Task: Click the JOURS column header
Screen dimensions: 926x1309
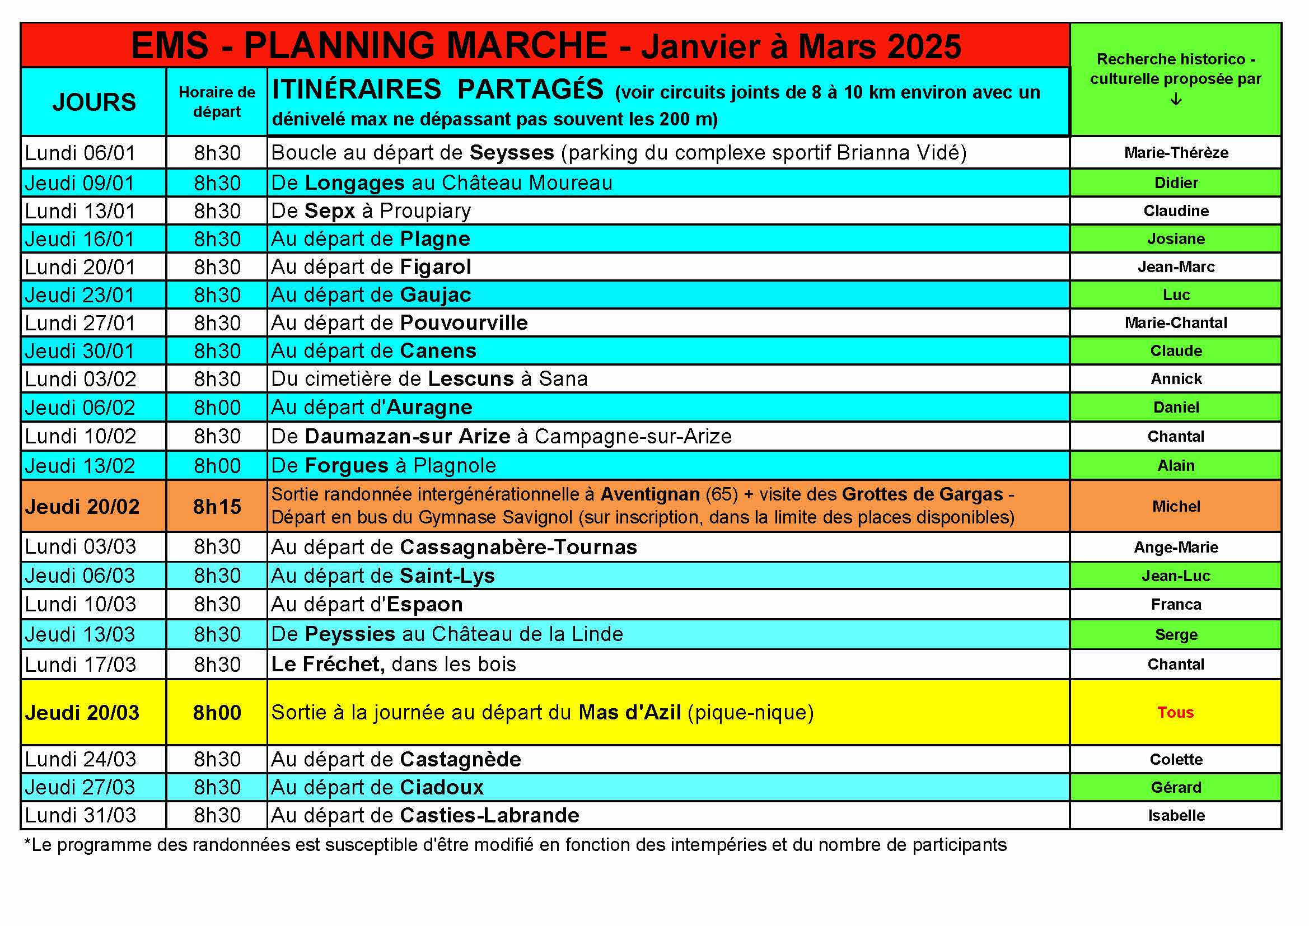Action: (94, 102)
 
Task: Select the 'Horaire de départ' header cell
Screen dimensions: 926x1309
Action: (217, 101)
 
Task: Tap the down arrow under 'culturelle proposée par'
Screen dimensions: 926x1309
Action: (1176, 100)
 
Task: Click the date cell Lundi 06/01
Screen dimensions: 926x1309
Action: (81, 153)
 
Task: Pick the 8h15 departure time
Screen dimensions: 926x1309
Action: (217, 506)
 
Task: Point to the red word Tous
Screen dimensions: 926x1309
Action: (1176, 712)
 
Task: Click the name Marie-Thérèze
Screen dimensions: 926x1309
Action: (1176, 153)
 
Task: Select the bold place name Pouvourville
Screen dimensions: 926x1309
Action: (464, 322)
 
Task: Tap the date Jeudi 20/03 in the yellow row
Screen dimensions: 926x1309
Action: (82, 713)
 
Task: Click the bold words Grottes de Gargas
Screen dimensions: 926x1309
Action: (922, 494)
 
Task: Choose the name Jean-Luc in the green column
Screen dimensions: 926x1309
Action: (1176, 576)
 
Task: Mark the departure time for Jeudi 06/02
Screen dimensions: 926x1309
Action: (217, 408)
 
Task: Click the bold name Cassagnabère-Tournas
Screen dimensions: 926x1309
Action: (518, 548)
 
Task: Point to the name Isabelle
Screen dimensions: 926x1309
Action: (1176, 815)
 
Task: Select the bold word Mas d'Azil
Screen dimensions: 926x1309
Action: (629, 713)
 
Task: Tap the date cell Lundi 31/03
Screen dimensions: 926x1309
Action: (81, 815)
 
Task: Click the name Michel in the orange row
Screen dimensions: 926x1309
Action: (1176, 506)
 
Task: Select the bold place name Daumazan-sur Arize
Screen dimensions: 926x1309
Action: (408, 437)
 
